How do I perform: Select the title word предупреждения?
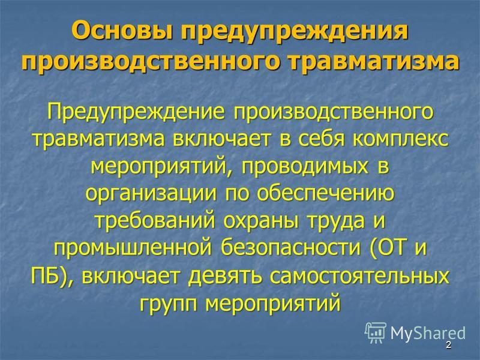[295, 33]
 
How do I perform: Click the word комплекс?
[400, 139]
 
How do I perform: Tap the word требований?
[155, 221]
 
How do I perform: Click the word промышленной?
[133, 248]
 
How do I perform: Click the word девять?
[225, 276]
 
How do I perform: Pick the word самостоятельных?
[359, 275]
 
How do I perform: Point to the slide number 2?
[448, 345]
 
